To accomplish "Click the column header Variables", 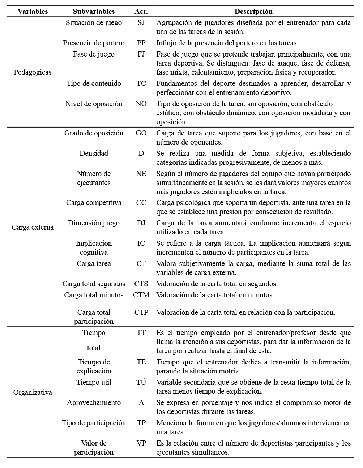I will (x=33, y=12).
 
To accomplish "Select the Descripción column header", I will (x=253, y=12).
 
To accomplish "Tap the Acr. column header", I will (x=141, y=12).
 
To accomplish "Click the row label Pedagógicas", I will (x=33, y=72).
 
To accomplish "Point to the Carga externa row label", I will (x=33, y=227).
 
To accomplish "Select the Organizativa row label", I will (x=33, y=392).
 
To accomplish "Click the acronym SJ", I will (x=141, y=23).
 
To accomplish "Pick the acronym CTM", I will (x=141, y=295).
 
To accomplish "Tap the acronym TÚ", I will (x=141, y=383).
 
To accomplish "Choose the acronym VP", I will (x=141, y=443).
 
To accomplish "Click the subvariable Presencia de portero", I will (x=94, y=43).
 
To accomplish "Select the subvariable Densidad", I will (x=94, y=154).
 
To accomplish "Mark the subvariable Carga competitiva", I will (x=94, y=203).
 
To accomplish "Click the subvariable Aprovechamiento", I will (x=94, y=403).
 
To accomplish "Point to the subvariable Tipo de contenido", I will (x=94, y=84).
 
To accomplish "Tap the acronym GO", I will (x=141, y=133).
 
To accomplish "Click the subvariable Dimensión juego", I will (x=94, y=223).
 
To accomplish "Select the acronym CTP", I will (x=141, y=313).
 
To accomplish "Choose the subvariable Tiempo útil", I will (x=94, y=383).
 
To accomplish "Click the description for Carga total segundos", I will (x=217, y=284).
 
